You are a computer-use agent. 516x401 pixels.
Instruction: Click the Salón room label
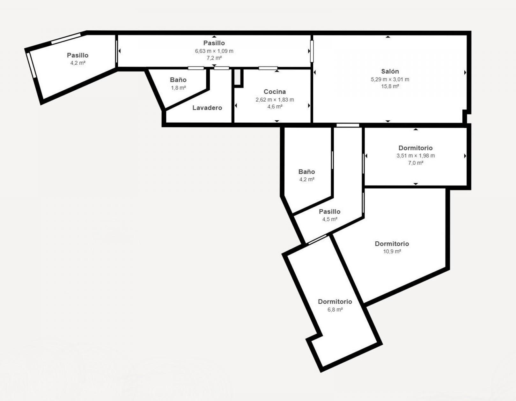tap(390, 71)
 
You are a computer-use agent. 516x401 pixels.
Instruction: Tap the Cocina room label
tap(275, 92)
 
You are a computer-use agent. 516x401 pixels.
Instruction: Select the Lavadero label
tap(207, 108)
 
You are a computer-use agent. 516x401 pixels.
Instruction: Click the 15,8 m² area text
tap(390, 86)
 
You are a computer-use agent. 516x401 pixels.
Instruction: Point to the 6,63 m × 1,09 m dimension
tap(214, 51)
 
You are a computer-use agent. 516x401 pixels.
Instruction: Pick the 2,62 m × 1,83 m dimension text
tap(275, 100)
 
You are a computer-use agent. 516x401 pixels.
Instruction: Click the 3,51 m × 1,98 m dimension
tap(416, 156)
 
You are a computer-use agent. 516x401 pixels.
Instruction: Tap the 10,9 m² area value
tap(392, 251)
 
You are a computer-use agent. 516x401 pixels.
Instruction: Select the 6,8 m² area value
tap(335, 309)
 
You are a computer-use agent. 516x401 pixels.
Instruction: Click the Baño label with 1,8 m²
tap(178, 80)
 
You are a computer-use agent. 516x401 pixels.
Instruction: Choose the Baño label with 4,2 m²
tap(306, 171)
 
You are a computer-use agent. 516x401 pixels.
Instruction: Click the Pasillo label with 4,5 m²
tap(329, 211)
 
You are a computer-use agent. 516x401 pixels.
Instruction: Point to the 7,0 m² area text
tap(416, 163)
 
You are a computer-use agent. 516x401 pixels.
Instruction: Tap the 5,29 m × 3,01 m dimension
tap(390, 79)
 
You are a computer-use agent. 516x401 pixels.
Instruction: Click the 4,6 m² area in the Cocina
tap(275, 107)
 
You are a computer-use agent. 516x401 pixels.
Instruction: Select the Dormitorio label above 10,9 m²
tap(392, 244)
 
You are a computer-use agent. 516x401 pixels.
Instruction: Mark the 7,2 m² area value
tap(214, 58)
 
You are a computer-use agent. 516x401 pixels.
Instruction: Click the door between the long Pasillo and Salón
tap(312, 51)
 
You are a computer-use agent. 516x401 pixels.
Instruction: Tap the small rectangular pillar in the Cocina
tap(237, 77)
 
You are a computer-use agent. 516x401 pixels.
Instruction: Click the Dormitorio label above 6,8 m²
tap(335, 301)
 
